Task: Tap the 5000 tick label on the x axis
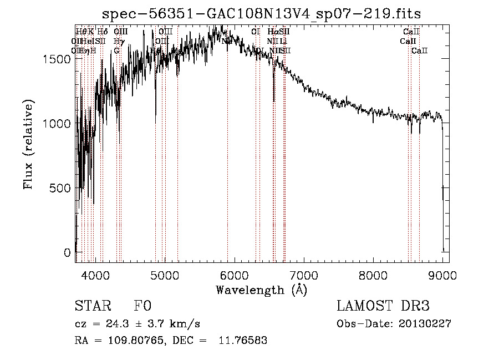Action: point(165,275)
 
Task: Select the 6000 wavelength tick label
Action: point(235,275)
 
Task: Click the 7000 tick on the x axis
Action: point(304,275)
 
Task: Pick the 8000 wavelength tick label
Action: point(373,275)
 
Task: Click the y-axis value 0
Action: point(68,253)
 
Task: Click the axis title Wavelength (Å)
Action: point(261,290)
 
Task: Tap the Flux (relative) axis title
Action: point(29,144)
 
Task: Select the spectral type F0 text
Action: point(142,306)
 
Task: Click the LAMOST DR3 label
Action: point(383,306)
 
